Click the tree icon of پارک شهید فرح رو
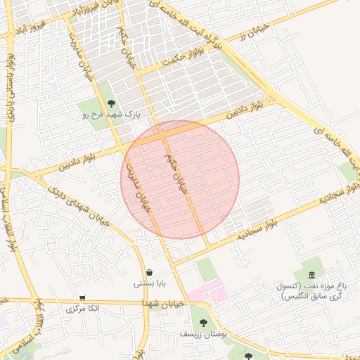[111, 104]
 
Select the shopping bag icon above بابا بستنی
[149, 273]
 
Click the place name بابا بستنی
[149, 284]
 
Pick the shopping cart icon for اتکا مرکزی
[83, 298]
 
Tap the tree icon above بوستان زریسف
[203, 323]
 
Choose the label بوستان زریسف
[203, 334]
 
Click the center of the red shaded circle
[180, 179]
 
